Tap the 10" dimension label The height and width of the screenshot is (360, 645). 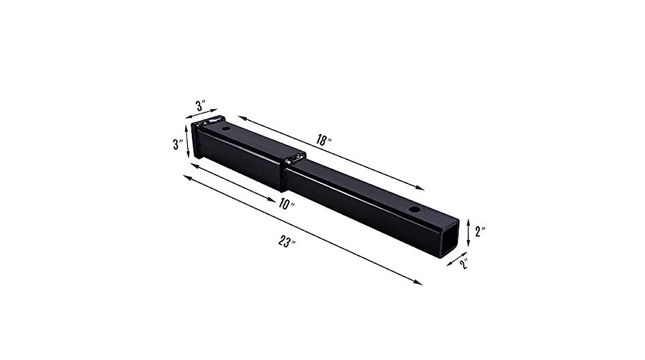[x=288, y=205]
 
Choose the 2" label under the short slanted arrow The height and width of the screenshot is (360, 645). [x=464, y=264]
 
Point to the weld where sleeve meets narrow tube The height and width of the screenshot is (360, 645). [x=293, y=160]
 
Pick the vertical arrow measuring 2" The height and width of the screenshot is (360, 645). [x=469, y=232]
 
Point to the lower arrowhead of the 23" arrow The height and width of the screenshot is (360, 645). [x=419, y=282]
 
